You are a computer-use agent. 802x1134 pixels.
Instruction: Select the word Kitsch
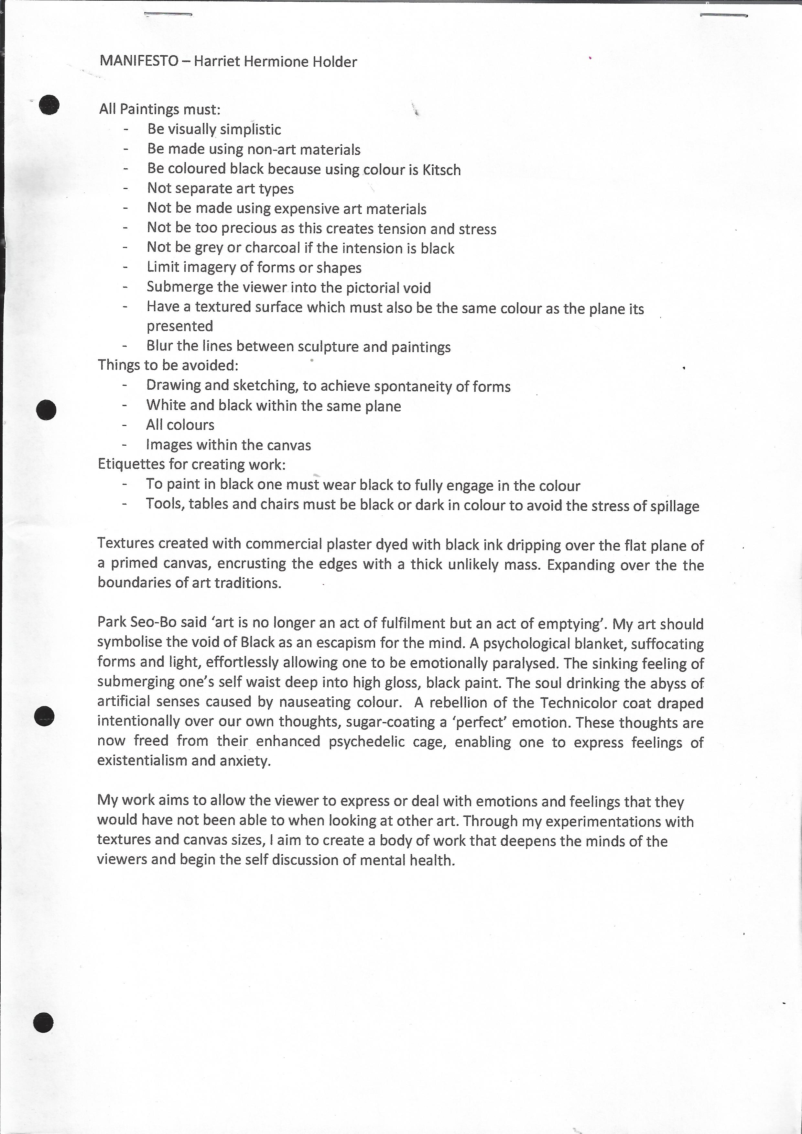click(x=441, y=170)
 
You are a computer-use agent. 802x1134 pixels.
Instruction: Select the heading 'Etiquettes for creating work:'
click(x=192, y=464)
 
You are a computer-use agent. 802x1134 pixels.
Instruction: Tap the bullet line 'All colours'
click(x=180, y=425)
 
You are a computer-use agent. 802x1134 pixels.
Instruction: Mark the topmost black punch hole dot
click(x=49, y=105)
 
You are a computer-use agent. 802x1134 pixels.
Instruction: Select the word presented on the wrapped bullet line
click(x=180, y=326)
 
